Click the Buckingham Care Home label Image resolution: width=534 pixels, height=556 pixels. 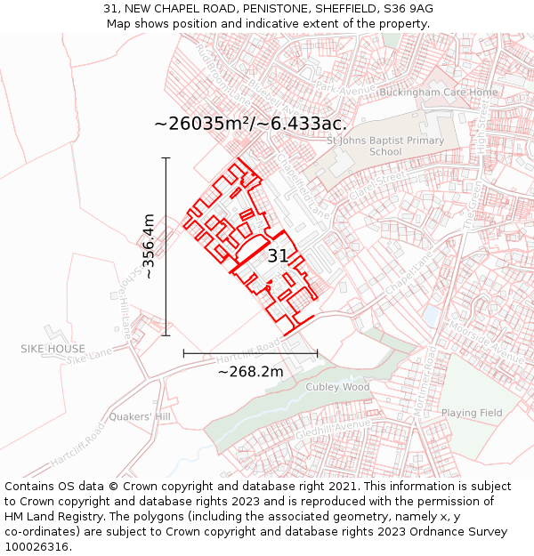pos(439,93)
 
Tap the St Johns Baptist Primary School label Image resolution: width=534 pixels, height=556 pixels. pos(385,146)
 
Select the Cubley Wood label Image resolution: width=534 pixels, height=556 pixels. pos(337,387)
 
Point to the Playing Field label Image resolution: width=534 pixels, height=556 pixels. pos(472,413)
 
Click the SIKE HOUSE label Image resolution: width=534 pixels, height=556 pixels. pos(53,349)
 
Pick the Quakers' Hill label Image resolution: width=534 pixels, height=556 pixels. pos(140,416)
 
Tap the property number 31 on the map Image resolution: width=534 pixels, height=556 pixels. pos(278,256)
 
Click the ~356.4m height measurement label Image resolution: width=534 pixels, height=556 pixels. pos(149,246)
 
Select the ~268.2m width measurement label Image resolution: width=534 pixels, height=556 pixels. pos(250,371)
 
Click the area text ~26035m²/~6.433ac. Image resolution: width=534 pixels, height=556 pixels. pos(250,124)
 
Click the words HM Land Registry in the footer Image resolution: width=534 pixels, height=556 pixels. pos(46,516)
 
